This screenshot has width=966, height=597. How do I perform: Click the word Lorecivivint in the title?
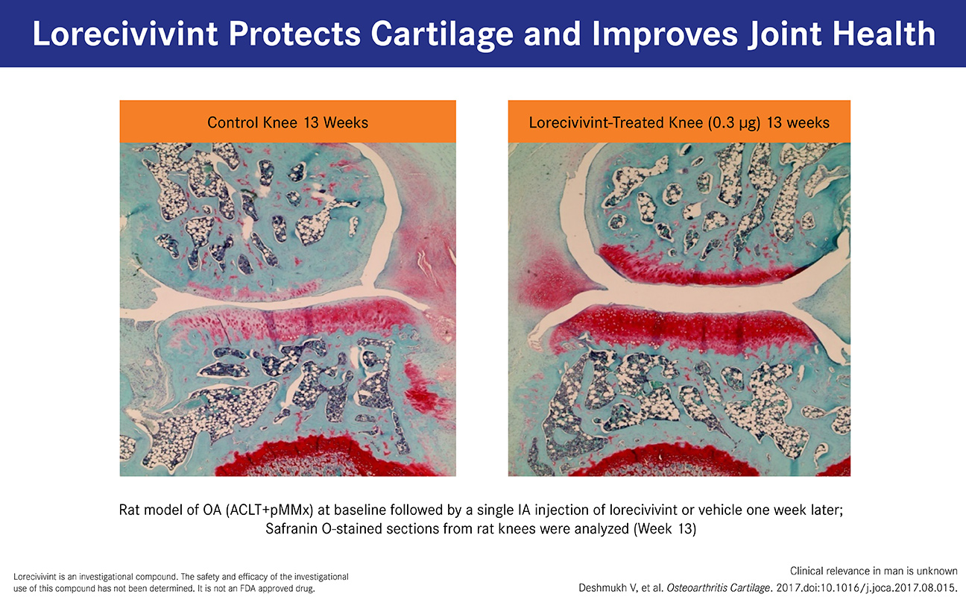click(125, 34)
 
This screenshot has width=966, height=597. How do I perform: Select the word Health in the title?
click(883, 34)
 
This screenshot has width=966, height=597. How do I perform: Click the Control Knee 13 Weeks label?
click(288, 122)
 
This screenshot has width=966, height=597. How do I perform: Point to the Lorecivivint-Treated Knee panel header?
click(679, 122)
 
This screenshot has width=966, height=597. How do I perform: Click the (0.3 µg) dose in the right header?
click(734, 123)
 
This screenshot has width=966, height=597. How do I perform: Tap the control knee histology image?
click(288, 310)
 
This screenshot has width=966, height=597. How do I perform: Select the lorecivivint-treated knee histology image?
click(679, 310)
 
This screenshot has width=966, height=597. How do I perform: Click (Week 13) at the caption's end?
click(665, 529)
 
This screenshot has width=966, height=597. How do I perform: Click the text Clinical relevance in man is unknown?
click(874, 571)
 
